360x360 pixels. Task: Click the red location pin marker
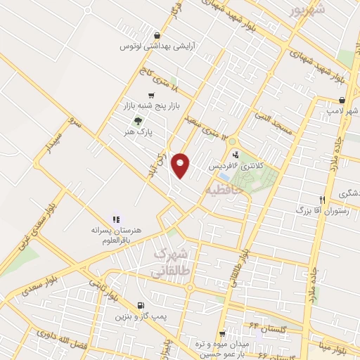point(181,165)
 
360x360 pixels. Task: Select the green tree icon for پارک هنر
point(137,120)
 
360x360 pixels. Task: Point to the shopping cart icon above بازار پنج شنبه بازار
point(151,95)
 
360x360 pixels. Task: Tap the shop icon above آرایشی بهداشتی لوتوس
point(156,35)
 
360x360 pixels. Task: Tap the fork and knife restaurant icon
point(322,199)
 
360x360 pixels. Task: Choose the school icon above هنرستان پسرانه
point(116,219)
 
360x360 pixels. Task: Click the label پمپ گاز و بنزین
point(143,316)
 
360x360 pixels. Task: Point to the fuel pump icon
point(143,305)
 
